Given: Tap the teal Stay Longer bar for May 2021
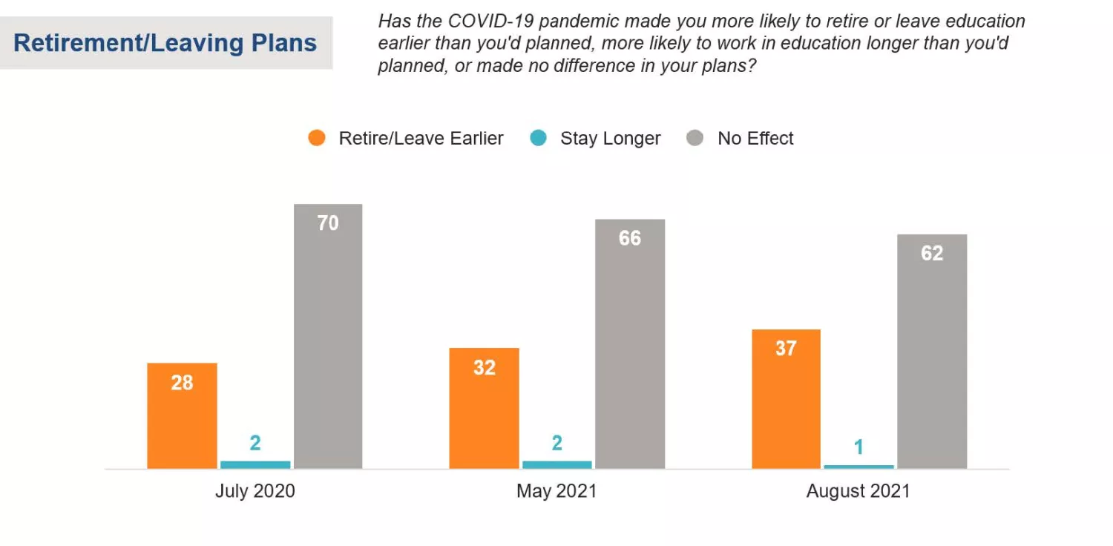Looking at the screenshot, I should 557,464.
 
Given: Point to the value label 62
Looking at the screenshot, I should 932,254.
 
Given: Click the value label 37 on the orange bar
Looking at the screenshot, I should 786,348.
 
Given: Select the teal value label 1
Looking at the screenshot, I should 858,447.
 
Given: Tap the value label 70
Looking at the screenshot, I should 328,223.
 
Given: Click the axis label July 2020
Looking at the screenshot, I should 255,491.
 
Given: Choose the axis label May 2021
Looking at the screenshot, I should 556,491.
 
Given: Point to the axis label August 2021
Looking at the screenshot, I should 858,491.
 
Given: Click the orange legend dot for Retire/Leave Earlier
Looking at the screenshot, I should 317,138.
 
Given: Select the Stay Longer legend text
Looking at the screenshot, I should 610,139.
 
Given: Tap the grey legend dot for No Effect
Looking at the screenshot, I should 695,138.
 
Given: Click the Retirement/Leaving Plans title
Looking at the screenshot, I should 165,43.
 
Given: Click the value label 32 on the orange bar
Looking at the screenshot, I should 484,367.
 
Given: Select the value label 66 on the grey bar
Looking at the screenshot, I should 630,238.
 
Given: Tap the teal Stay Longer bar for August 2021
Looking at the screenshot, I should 858,467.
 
